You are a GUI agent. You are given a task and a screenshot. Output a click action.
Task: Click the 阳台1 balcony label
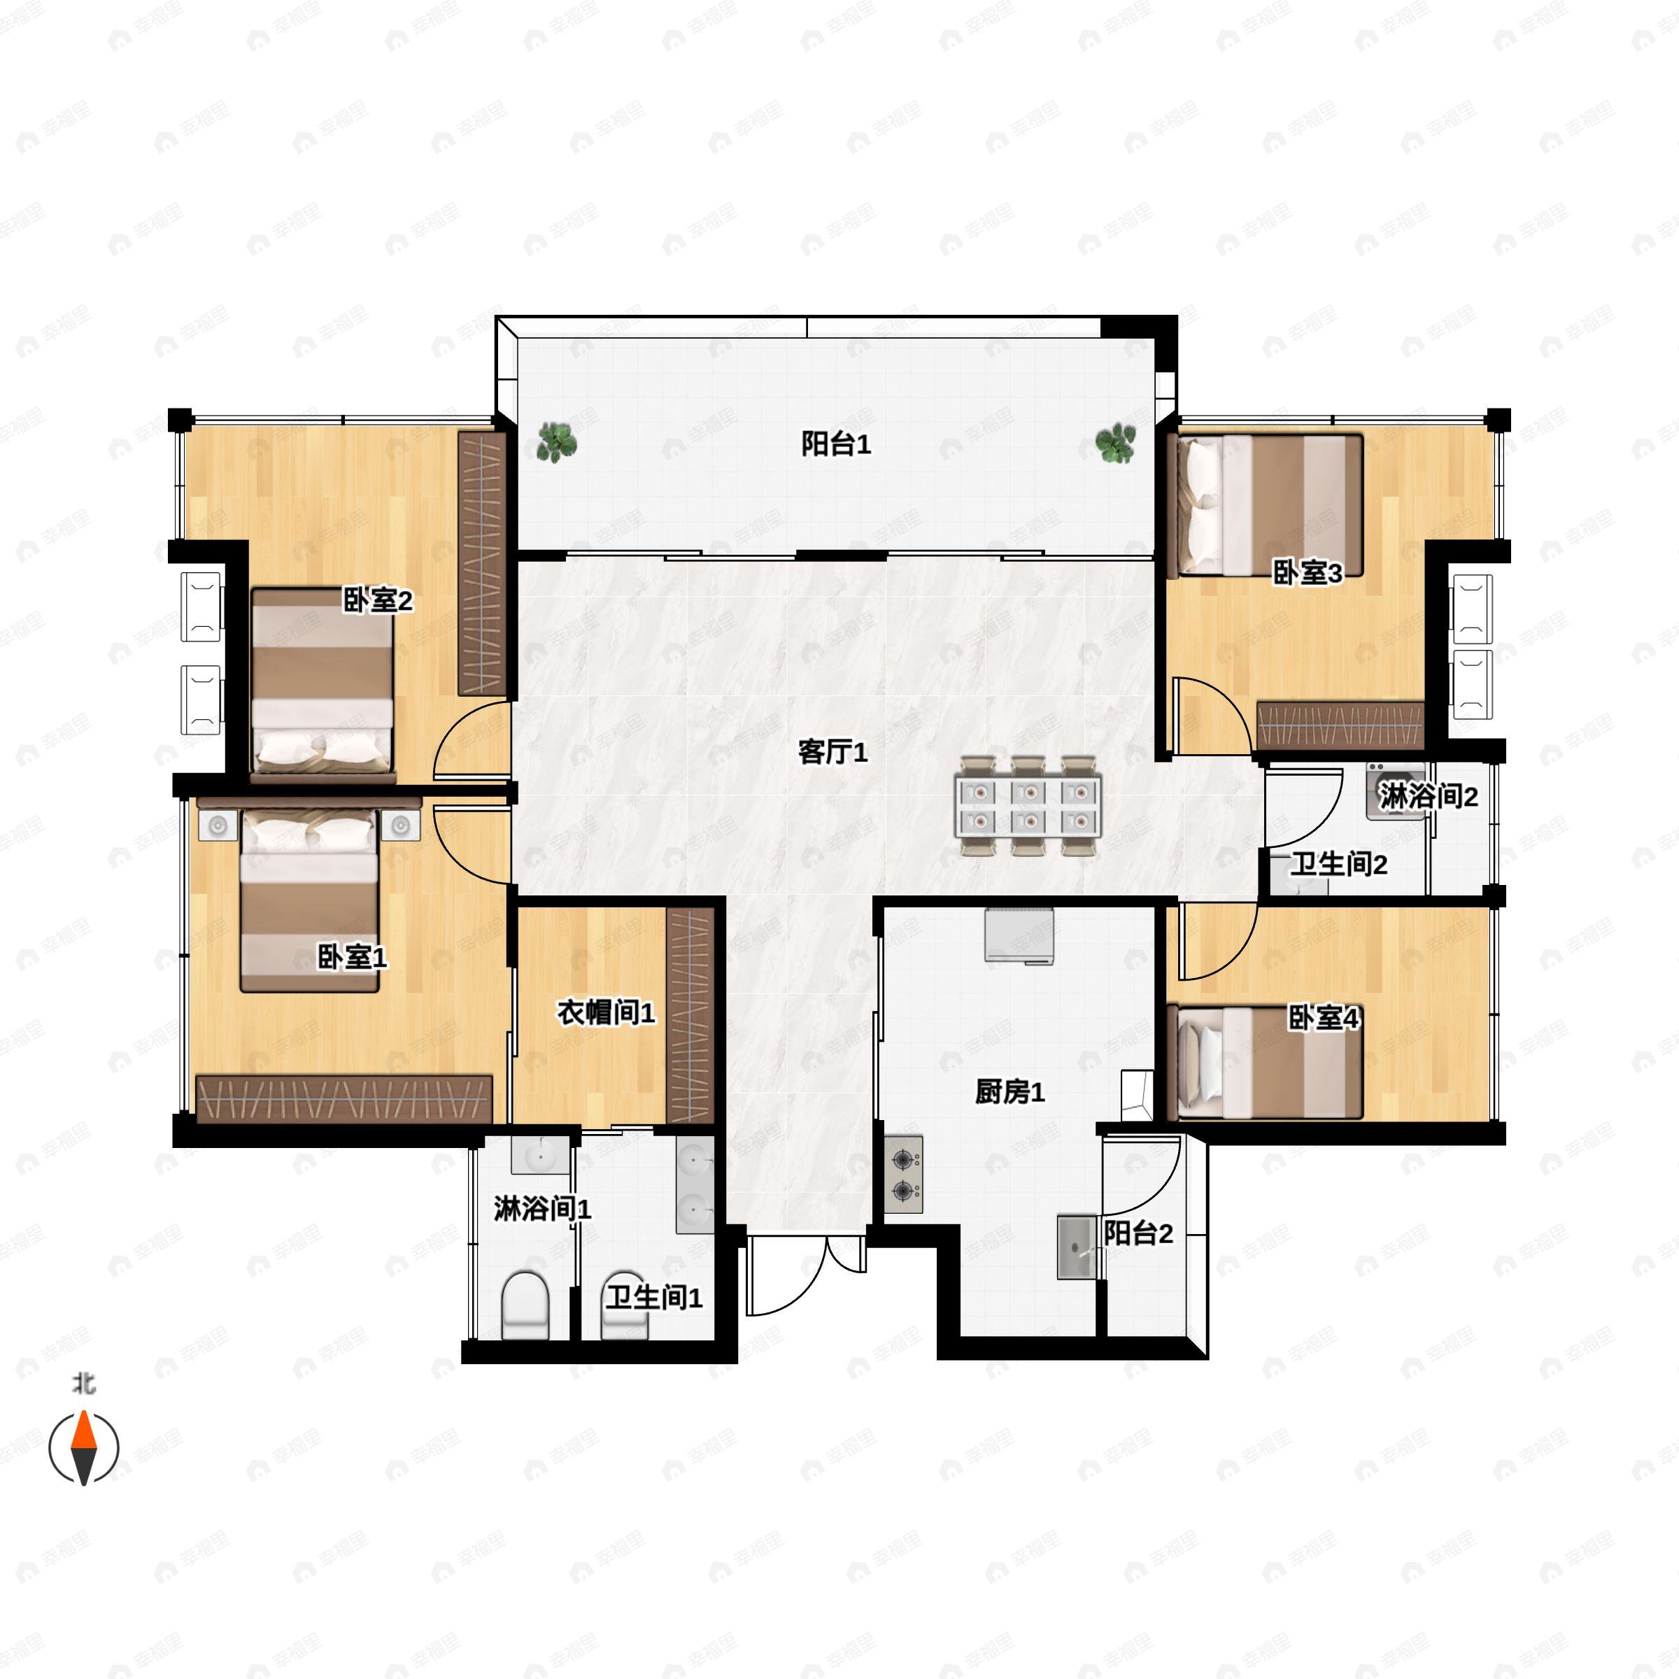click(x=835, y=445)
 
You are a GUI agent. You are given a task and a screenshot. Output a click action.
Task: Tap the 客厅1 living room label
click(x=833, y=752)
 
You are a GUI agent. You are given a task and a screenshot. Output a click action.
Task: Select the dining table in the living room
click(x=1028, y=807)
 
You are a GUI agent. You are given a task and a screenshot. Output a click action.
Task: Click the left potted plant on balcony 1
click(x=555, y=441)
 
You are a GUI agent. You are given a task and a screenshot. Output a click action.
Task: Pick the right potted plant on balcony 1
click(x=1115, y=444)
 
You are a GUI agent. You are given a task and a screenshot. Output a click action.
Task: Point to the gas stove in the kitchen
click(x=904, y=1174)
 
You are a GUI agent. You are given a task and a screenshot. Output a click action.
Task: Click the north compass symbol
click(x=83, y=1447)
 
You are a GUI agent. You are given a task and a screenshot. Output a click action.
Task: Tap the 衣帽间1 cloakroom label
click(x=606, y=1012)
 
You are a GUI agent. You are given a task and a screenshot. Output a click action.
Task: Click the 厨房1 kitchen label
click(x=1009, y=1091)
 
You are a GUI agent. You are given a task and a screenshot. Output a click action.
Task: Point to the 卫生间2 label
click(x=1338, y=864)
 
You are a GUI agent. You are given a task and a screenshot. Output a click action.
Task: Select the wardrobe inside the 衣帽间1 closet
click(x=690, y=1015)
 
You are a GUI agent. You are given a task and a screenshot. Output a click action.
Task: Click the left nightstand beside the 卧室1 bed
click(x=218, y=826)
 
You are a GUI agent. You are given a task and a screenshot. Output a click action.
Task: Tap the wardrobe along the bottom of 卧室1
click(x=344, y=1098)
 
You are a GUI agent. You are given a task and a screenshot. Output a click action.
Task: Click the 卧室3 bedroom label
click(x=1307, y=573)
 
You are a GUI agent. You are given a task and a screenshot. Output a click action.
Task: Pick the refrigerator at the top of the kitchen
click(x=1019, y=936)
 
